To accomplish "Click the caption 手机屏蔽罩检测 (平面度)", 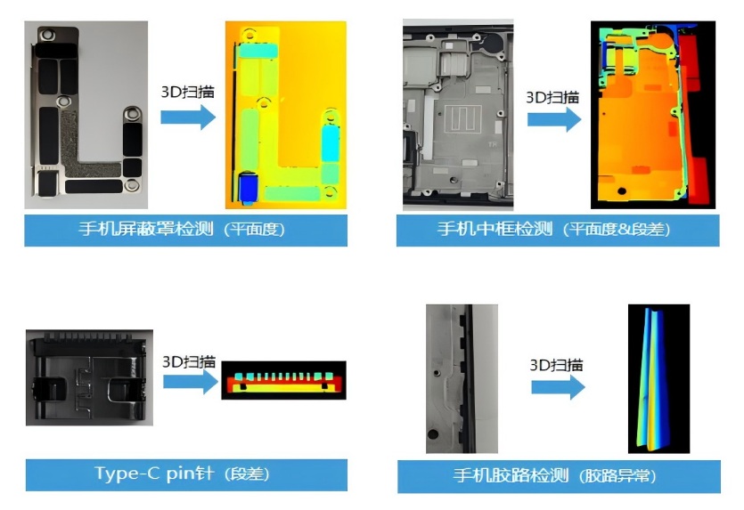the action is point(182,230).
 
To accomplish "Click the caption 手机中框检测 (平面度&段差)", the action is point(553,230).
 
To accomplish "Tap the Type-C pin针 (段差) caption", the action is point(182,474).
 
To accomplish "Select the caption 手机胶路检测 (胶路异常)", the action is point(555,475).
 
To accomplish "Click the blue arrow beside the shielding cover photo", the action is point(188,117).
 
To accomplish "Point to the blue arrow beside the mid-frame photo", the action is point(554,119).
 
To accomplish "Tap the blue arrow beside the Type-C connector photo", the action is point(191,382).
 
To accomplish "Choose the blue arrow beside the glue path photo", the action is point(558,387).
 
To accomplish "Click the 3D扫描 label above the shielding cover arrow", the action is point(188,92).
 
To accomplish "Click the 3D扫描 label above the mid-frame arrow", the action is point(552,98).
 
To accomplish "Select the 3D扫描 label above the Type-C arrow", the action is point(189,362).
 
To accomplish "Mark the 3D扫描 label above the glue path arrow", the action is point(557,365).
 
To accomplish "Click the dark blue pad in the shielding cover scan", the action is point(249,188).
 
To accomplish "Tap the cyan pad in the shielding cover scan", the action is point(331,143).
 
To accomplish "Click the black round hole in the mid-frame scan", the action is point(622,191).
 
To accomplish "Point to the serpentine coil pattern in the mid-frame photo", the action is point(462,119).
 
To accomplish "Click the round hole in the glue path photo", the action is point(433,433).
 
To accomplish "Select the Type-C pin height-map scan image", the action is point(283,380).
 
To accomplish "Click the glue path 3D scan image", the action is point(658,378).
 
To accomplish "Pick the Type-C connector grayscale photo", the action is point(89,377).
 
